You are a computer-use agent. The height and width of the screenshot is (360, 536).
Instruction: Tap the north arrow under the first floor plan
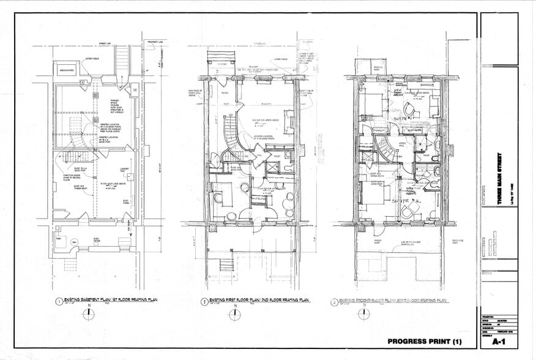coord(234,315)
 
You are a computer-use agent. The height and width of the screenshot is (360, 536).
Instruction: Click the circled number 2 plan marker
coord(204,301)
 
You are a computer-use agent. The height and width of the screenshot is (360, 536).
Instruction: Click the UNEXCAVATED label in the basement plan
coord(69,70)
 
